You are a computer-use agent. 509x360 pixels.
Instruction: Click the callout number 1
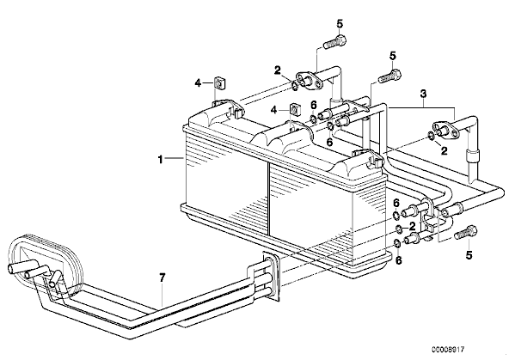click(161, 159)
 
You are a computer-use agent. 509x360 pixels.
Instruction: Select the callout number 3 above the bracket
click(423, 94)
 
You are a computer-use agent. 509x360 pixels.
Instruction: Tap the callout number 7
click(163, 278)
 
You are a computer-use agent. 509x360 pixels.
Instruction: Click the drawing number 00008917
click(448, 350)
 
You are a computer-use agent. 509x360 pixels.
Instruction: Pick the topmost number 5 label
click(340, 24)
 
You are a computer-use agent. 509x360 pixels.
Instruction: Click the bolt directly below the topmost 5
click(334, 42)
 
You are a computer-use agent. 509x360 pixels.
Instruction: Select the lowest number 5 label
click(469, 255)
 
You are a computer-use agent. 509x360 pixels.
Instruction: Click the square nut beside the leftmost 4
click(220, 83)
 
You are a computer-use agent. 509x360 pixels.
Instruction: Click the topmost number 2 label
click(277, 70)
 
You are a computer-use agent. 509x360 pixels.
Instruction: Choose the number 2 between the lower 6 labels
click(412, 226)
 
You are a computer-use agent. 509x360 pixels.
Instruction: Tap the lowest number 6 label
click(399, 260)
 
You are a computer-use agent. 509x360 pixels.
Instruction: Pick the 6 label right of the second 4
click(313, 105)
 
